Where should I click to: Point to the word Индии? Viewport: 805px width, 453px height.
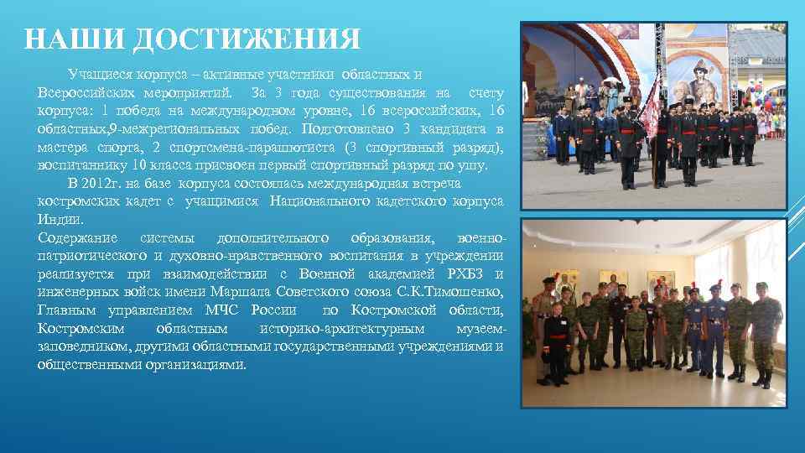[x=60, y=220]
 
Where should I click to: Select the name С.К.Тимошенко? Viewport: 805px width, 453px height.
[x=454, y=292]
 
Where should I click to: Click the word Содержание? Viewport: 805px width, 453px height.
[x=78, y=238]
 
